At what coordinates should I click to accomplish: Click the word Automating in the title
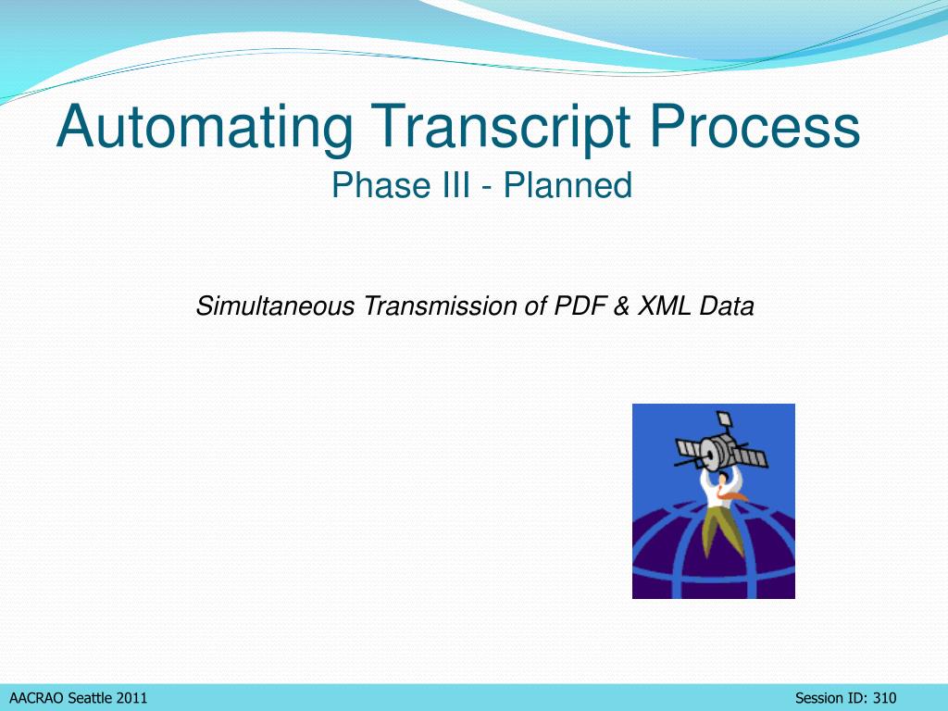(x=205, y=127)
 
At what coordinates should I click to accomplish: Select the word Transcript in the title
(x=501, y=127)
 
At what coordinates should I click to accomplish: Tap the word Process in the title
(x=755, y=126)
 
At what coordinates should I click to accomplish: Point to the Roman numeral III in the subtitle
(x=456, y=185)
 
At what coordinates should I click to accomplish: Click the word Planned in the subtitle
(x=568, y=185)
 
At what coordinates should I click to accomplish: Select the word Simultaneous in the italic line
(x=276, y=306)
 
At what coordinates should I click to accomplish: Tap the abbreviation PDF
(x=580, y=306)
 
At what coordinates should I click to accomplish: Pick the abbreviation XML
(x=664, y=306)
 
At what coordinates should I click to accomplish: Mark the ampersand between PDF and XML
(x=621, y=306)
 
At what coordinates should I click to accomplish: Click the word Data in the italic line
(x=727, y=306)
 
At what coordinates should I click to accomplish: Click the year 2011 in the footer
(x=131, y=698)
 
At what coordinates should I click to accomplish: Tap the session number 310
(x=884, y=698)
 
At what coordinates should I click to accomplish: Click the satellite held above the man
(x=720, y=445)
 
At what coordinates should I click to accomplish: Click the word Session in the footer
(x=818, y=698)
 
